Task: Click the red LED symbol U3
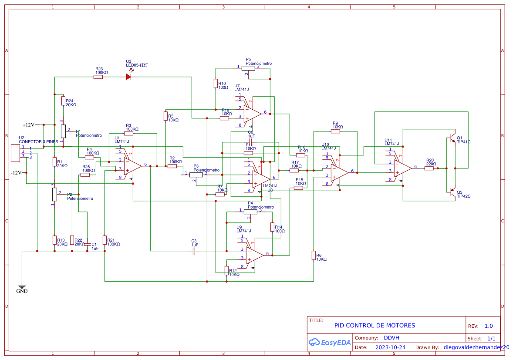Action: pyautogui.click(x=128, y=77)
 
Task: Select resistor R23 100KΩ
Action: pyautogui.click(x=98, y=77)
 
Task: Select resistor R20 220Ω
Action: pyautogui.click(x=429, y=168)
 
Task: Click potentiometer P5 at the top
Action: pyautogui.click(x=248, y=67)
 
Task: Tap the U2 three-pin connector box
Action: pyautogui.click(x=16, y=153)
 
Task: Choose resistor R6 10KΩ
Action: pyautogui.click(x=314, y=255)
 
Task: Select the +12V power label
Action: pyautogui.click(x=29, y=125)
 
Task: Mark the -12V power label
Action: pyautogui.click(x=17, y=173)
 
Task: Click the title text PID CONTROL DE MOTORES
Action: pyautogui.click(x=375, y=326)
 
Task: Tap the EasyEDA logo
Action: pyautogui.click(x=330, y=343)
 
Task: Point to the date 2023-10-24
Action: pyautogui.click(x=390, y=347)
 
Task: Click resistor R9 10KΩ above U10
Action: pyautogui.click(x=335, y=131)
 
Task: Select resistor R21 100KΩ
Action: pyautogui.click(x=105, y=240)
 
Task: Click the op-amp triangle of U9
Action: pyautogui.click(x=255, y=255)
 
